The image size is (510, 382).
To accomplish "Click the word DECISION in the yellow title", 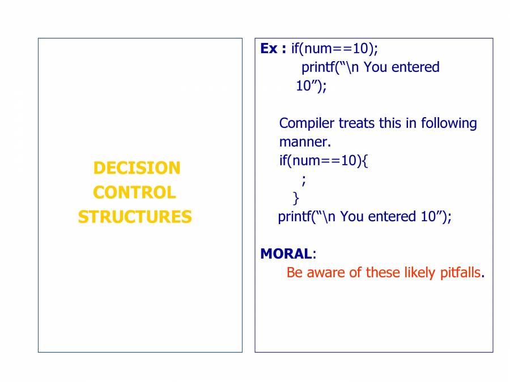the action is tap(137, 168).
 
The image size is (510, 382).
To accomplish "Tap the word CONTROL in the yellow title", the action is tap(134, 192).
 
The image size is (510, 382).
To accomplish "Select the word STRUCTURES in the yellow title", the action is tap(135, 217).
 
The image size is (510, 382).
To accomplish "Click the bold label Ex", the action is tap(269, 49).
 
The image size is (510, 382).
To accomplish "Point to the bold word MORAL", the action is tap(286, 254).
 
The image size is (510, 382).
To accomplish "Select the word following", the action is tap(449, 123).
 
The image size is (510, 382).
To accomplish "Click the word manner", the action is tap(305, 142).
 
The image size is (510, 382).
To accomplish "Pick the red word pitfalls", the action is tap(460, 273).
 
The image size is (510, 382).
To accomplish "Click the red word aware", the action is tap(326, 273).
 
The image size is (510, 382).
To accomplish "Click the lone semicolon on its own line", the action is tap(304, 179).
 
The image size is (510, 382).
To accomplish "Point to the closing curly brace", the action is tap(296, 198).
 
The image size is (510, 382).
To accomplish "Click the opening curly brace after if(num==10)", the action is tap(365, 161).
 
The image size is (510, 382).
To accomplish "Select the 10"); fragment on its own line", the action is tap(311, 86).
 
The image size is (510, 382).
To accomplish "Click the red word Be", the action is tap(295, 273).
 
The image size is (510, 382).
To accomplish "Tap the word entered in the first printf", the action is tap(416, 67).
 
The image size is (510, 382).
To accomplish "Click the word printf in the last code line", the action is tap(294, 217).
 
